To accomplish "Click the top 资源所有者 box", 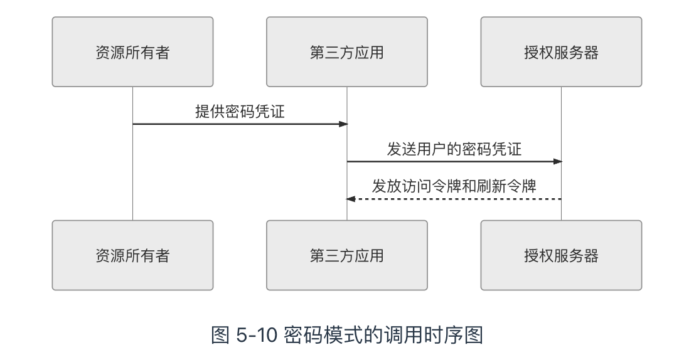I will point(132,52).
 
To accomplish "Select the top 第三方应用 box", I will point(346,52).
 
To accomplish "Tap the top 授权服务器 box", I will point(561,52).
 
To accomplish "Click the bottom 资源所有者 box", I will point(132,255).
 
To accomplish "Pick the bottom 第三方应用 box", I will point(346,255).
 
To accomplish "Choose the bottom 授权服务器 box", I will point(561,255).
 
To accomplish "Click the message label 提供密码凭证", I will point(240,112).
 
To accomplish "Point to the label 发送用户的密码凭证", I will point(454,149).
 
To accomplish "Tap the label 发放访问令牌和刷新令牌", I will point(454,186).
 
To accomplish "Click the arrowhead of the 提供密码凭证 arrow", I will point(343,124).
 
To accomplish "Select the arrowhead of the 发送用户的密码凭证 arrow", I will point(557,162).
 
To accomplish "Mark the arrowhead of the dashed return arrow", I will point(351,199).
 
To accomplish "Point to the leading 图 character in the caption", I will point(221,336).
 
